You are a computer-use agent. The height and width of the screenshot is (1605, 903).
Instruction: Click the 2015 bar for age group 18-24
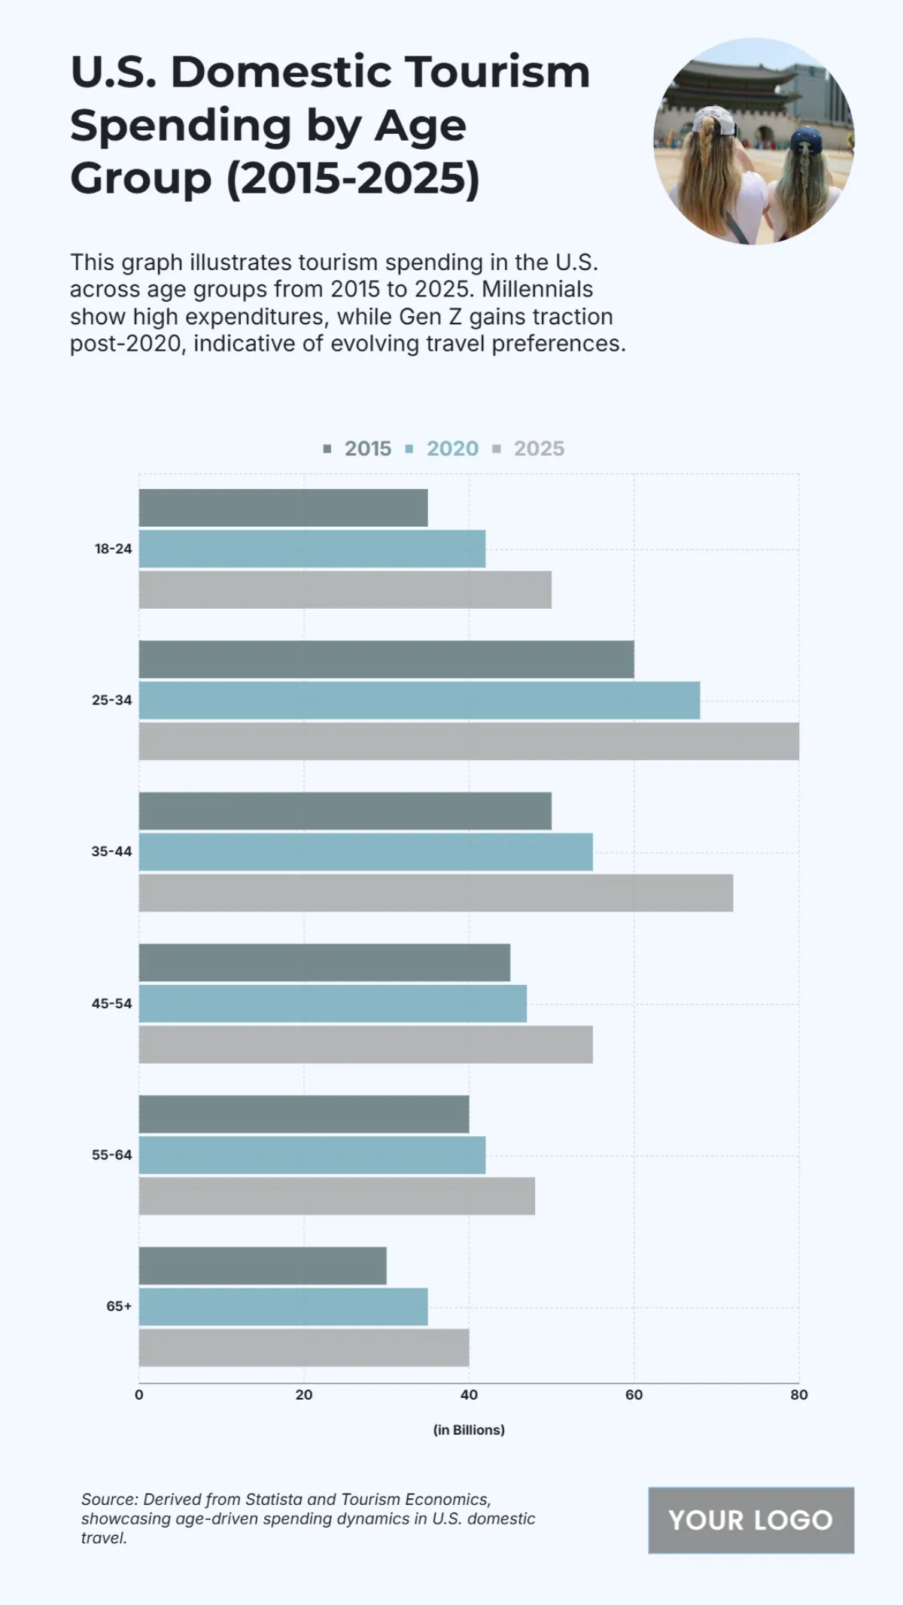click(283, 508)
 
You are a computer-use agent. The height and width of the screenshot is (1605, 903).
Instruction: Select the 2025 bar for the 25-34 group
click(468, 741)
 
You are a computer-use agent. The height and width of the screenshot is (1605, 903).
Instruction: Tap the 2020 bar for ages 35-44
click(366, 852)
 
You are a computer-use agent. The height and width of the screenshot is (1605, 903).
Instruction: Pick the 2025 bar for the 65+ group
click(303, 1348)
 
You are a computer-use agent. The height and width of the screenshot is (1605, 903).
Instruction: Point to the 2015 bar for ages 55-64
click(303, 1114)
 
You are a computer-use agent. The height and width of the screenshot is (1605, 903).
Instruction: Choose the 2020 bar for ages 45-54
click(333, 1003)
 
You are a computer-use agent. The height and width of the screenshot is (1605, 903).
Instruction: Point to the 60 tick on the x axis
click(634, 1394)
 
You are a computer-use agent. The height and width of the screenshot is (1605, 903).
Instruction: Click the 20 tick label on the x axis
click(303, 1394)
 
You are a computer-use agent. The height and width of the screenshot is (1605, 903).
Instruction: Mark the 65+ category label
click(119, 1306)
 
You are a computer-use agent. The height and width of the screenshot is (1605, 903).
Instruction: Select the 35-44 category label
click(111, 852)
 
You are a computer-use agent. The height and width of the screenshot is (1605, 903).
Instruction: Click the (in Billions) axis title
click(469, 1430)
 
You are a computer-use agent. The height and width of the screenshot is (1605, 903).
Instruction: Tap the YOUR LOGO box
click(750, 1520)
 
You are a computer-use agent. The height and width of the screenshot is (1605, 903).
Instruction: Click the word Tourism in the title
click(497, 72)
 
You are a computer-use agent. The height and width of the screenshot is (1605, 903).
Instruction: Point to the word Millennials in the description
click(537, 289)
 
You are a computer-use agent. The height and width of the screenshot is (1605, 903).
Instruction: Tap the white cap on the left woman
click(715, 120)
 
